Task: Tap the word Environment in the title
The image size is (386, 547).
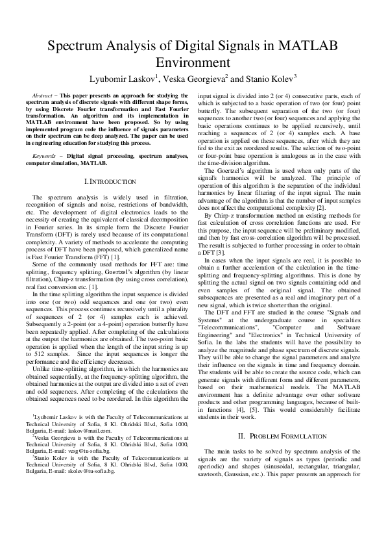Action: [193, 63]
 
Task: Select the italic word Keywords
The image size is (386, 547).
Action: [45, 157]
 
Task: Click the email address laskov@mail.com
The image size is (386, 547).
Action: [90, 430]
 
